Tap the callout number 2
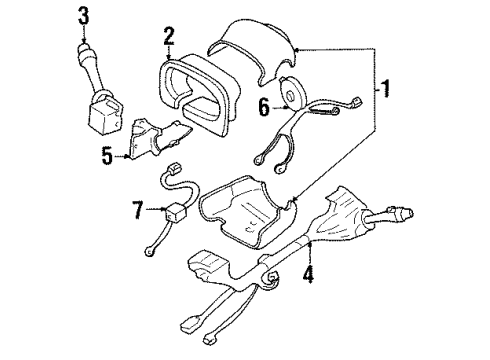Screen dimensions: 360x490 169,37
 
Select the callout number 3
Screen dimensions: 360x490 84,16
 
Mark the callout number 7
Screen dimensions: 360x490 139,211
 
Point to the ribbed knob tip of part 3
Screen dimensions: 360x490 84,50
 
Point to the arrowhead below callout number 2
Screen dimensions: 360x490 169,54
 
